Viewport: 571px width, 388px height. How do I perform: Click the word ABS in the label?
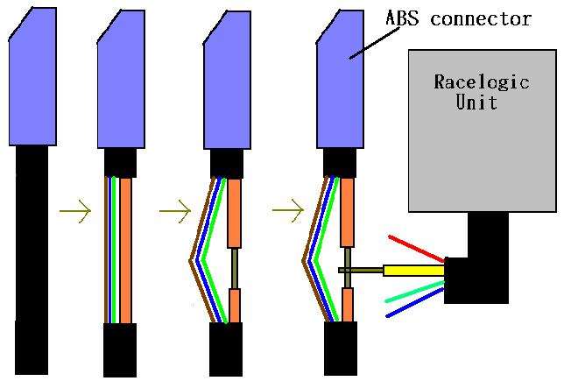[x=400, y=18]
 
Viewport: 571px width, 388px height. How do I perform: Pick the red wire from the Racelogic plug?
[x=416, y=248]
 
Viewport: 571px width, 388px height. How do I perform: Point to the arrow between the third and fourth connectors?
[x=288, y=210]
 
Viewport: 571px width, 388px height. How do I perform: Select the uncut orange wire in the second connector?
[x=126, y=250]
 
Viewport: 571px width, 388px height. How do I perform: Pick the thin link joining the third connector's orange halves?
[x=234, y=268]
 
